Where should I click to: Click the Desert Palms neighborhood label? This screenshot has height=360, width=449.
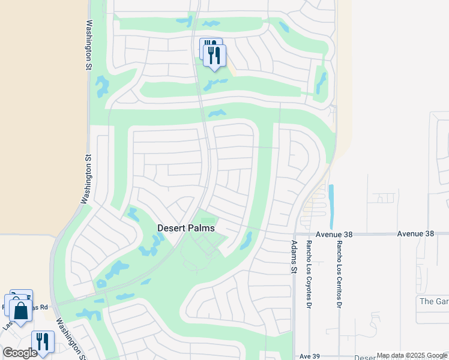click(186, 228)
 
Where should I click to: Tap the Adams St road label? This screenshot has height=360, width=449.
click(294, 258)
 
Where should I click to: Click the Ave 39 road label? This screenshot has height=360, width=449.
click(309, 356)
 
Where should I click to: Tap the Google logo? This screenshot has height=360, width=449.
click(20, 353)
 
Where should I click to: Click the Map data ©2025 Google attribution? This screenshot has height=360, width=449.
click(412, 356)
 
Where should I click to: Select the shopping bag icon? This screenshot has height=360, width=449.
click(20, 311)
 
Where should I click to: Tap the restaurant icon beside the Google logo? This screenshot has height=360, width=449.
click(42, 341)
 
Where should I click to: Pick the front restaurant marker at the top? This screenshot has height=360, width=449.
click(214, 55)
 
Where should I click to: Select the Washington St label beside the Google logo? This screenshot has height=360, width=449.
click(70, 339)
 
